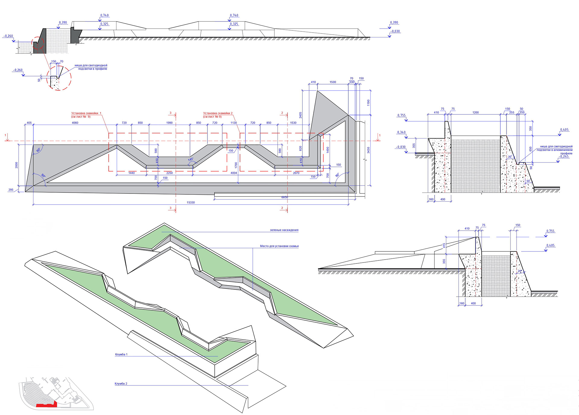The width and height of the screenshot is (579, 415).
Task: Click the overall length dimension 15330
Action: (x=191, y=202)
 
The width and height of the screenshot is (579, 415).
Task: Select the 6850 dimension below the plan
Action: (x=284, y=197)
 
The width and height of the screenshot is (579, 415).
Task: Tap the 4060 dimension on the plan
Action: (x=75, y=123)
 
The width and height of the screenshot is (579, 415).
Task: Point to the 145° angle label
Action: (x=191, y=159)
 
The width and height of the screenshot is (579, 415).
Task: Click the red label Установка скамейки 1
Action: (x=86, y=113)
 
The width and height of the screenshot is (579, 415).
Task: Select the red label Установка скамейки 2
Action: (x=217, y=113)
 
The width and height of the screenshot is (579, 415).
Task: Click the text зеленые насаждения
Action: (x=284, y=230)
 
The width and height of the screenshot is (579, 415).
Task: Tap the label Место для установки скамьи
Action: (x=279, y=246)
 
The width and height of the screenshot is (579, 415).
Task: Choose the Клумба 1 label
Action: (x=121, y=354)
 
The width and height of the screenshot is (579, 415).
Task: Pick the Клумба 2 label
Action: (x=121, y=384)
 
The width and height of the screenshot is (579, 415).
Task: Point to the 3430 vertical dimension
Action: (x=368, y=150)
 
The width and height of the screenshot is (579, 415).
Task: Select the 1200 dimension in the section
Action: (x=476, y=113)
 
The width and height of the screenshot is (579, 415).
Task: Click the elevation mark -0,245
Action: (x=564, y=156)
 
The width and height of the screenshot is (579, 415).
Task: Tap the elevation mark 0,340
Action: (x=401, y=132)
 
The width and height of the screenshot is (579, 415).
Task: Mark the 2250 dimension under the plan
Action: (x=169, y=173)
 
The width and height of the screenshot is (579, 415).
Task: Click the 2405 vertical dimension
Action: (x=300, y=115)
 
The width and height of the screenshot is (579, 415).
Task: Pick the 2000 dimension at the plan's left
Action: (x=17, y=165)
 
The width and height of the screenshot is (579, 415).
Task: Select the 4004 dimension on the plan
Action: (x=234, y=173)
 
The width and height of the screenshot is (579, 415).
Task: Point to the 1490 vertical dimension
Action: (x=327, y=150)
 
